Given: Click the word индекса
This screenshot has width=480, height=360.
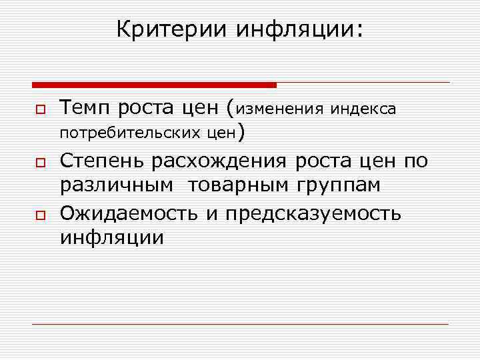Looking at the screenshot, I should pos(365,108).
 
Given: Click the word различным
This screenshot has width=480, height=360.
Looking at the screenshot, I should pos(119,186).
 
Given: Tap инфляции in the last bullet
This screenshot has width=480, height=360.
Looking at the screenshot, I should pos(111,237).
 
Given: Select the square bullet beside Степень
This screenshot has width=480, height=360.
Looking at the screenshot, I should pos(40,162).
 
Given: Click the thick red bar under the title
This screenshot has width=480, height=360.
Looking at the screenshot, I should pos(154,85).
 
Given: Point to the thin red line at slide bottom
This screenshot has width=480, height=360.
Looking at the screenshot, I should pos(240,324).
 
